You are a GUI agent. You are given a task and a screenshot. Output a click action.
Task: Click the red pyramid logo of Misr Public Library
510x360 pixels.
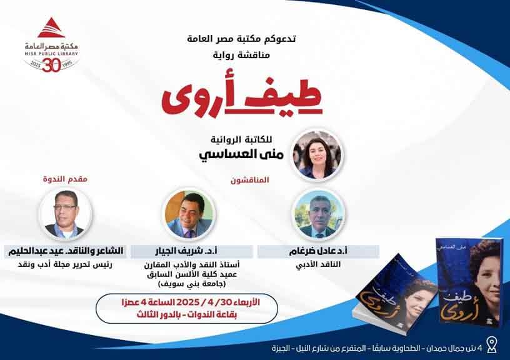51,28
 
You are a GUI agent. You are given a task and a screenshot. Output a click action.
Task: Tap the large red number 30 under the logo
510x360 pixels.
51,66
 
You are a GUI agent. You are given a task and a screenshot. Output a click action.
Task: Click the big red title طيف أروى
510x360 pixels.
242,97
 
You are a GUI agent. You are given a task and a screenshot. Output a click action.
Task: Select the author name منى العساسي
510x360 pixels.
241,154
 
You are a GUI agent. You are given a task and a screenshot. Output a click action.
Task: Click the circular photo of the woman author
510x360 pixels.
317,154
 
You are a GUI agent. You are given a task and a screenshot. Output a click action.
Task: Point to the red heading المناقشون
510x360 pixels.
250,180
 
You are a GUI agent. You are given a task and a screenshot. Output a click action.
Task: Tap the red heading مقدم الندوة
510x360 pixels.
66,179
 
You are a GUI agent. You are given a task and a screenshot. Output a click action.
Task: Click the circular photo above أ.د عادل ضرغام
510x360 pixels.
319,214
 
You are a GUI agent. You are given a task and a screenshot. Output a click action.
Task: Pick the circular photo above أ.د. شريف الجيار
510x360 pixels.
189,214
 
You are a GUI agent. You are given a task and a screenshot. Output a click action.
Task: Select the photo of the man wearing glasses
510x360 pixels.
66,214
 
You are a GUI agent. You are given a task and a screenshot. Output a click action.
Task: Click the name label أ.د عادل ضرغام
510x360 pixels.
318,251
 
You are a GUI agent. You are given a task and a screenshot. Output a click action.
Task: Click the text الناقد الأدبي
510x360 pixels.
318,264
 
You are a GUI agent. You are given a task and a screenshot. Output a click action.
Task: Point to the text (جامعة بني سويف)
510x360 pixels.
192,284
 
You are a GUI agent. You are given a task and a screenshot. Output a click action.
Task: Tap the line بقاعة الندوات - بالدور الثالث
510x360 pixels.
187,315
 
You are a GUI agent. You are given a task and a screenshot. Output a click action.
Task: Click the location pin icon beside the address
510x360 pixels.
492,345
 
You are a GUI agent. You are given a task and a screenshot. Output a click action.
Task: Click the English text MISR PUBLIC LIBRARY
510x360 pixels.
51,54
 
